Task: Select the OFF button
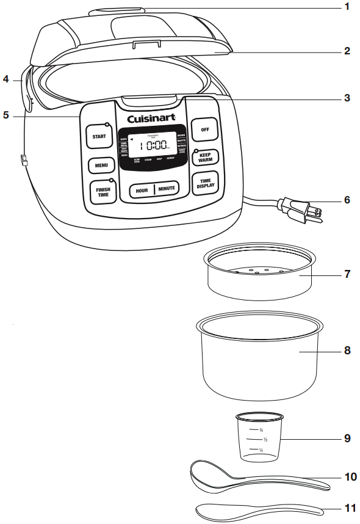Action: tap(204, 129)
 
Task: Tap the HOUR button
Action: tap(142, 190)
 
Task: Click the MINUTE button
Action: tap(167, 189)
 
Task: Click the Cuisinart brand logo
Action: tap(151, 118)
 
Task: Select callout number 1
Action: tap(347, 7)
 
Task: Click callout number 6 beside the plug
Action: tap(347, 200)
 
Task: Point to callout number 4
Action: tap(5, 79)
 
